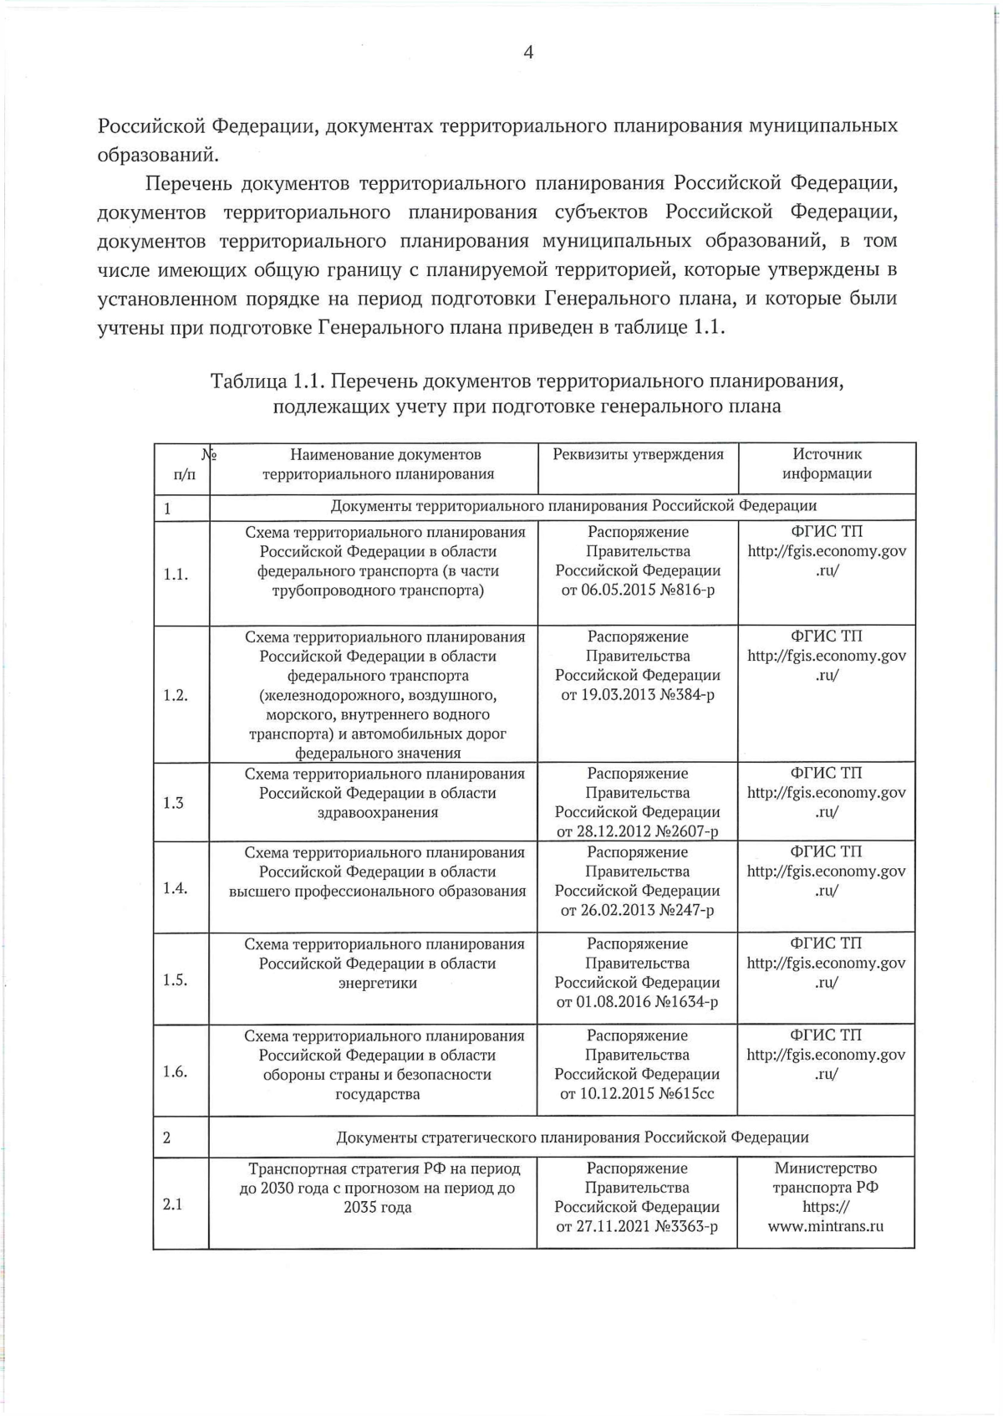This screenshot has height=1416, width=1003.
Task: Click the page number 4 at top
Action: (x=528, y=53)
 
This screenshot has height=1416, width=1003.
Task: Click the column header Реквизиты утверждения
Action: (x=638, y=454)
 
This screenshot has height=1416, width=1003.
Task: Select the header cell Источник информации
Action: (x=827, y=463)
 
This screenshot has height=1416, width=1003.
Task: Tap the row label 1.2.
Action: (x=175, y=695)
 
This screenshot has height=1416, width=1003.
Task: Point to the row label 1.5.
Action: (x=175, y=979)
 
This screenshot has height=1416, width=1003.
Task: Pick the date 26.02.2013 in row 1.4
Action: (x=616, y=910)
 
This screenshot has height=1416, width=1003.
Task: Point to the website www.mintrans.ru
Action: (x=826, y=1226)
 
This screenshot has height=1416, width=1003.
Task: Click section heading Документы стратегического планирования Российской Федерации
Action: (x=572, y=1137)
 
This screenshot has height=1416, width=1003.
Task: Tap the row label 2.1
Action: (x=173, y=1204)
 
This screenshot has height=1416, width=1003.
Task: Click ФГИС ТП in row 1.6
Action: (x=826, y=1035)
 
